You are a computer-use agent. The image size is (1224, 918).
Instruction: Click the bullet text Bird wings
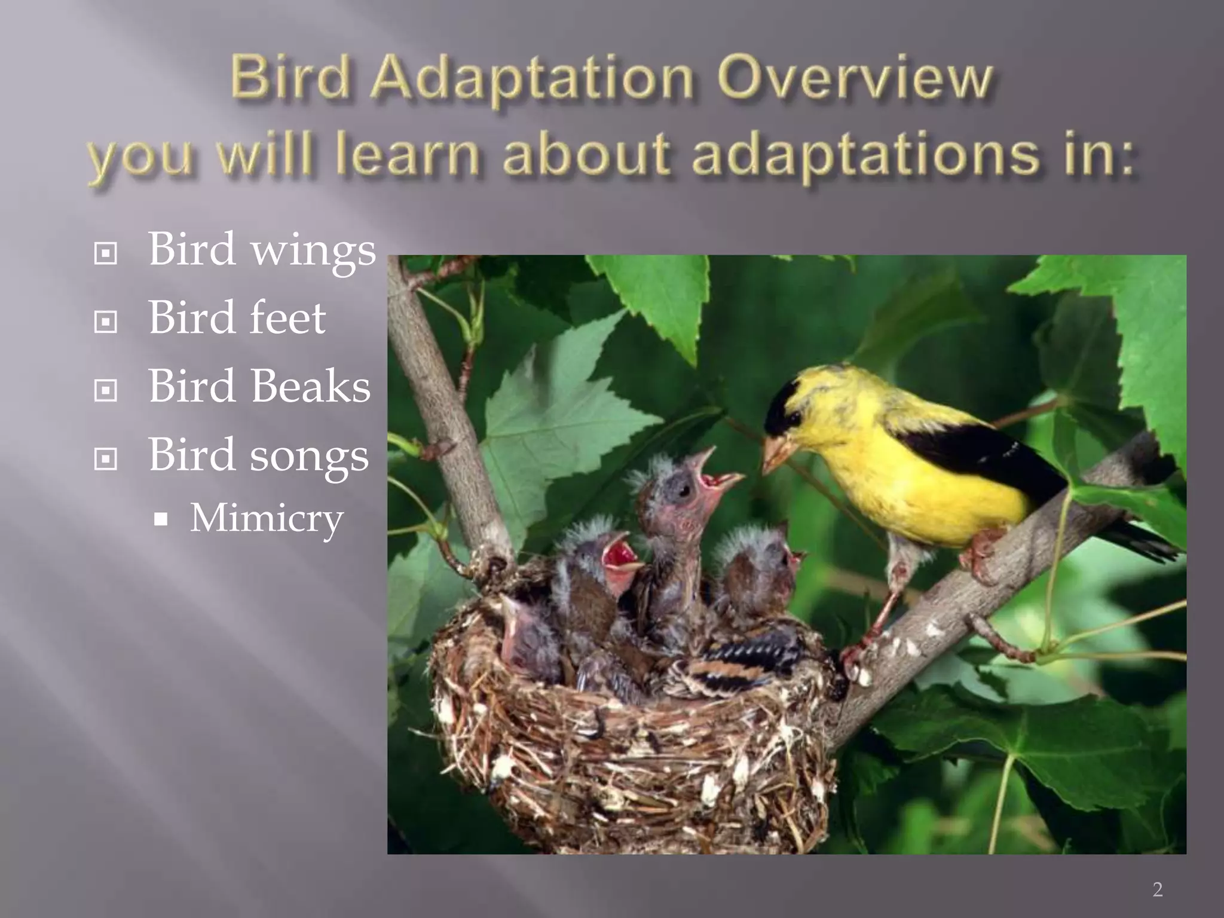pyautogui.click(x=262, y=250)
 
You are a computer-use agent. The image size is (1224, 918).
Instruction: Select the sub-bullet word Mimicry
pyautogui.click(x=267, y=518)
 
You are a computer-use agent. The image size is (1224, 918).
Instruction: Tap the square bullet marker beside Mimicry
pyautogui.click(x=160, y=519)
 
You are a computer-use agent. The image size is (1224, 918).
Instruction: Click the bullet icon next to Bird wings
pyautogui.click(x=105, y=254)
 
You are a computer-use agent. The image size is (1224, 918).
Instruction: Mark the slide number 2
pyautogui.click(x=1157, y=889)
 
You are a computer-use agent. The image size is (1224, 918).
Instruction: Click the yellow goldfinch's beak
pyautogui.click(x=777, y=453)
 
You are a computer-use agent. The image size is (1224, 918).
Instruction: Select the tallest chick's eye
pyautogui.click(x=683, y=490)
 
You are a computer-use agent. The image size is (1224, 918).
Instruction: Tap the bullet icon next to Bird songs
pyautogui.click(x=105, y=460)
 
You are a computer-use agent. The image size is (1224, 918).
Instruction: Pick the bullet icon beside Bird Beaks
pyautogui.click(x=105, y=391)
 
